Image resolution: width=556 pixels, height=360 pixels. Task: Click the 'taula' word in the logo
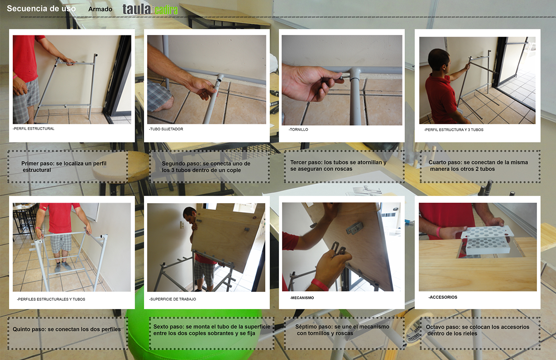point(137,10)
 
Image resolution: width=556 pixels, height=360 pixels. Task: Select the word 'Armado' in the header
point(100,9)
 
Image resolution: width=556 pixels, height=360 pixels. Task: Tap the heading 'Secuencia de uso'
point(41,8)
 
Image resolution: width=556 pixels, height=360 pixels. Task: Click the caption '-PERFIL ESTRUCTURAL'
point(33,129)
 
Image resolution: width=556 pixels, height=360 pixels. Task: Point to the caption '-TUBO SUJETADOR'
point(166,129)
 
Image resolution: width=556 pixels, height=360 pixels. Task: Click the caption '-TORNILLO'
point(298,130)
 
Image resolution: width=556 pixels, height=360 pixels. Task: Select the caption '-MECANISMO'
point(302,298)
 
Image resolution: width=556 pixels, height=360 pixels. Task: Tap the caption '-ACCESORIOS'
point(443,297)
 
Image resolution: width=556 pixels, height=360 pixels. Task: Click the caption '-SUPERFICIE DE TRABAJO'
point(172,299)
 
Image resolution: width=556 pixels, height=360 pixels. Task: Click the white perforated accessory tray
point(486,240)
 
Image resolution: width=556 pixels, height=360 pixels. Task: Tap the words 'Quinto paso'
point(29,329)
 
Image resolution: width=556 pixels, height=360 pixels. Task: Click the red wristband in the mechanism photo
point(320,285)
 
